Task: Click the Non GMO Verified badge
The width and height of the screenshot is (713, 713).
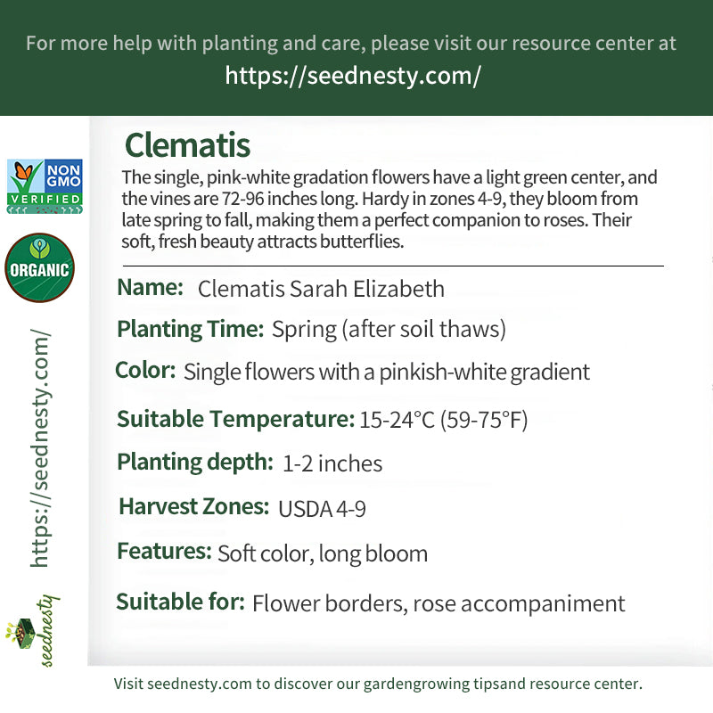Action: (x=45, y=186)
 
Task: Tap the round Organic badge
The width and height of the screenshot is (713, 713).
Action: (x=39, y=267)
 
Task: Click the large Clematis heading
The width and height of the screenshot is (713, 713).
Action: (x=187, y=145)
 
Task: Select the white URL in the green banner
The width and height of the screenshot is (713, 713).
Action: (x=353, y=76)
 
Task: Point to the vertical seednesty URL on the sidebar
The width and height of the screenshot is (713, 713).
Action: (x=40, y=448)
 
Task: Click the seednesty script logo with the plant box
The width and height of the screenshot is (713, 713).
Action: (x=33, y=630)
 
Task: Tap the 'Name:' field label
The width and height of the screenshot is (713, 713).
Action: (x=150, y=287)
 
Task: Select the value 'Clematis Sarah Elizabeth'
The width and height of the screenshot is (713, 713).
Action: (x=321, y=289)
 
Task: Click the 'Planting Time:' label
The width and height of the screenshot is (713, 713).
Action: (x=191, y=329)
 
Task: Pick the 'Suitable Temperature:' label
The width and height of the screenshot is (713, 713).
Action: (x=235, y=419)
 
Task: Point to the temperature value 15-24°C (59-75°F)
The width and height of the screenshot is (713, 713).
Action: (x=443, y=420)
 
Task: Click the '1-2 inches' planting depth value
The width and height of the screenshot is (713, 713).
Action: (x=332, y=463)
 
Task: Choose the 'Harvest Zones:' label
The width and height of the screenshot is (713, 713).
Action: (x=193, y=506)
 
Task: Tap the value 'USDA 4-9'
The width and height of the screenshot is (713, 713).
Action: (x=322, y=509)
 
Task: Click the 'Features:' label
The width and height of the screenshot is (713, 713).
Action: (x=164, y=551)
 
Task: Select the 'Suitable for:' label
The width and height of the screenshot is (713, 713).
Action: (x=181, y=602)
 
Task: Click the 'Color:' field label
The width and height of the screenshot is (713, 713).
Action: (x=145, y=370)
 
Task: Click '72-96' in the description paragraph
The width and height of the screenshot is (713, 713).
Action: (x=242, y=199)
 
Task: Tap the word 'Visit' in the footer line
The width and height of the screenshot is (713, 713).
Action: (x=128, y=684)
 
